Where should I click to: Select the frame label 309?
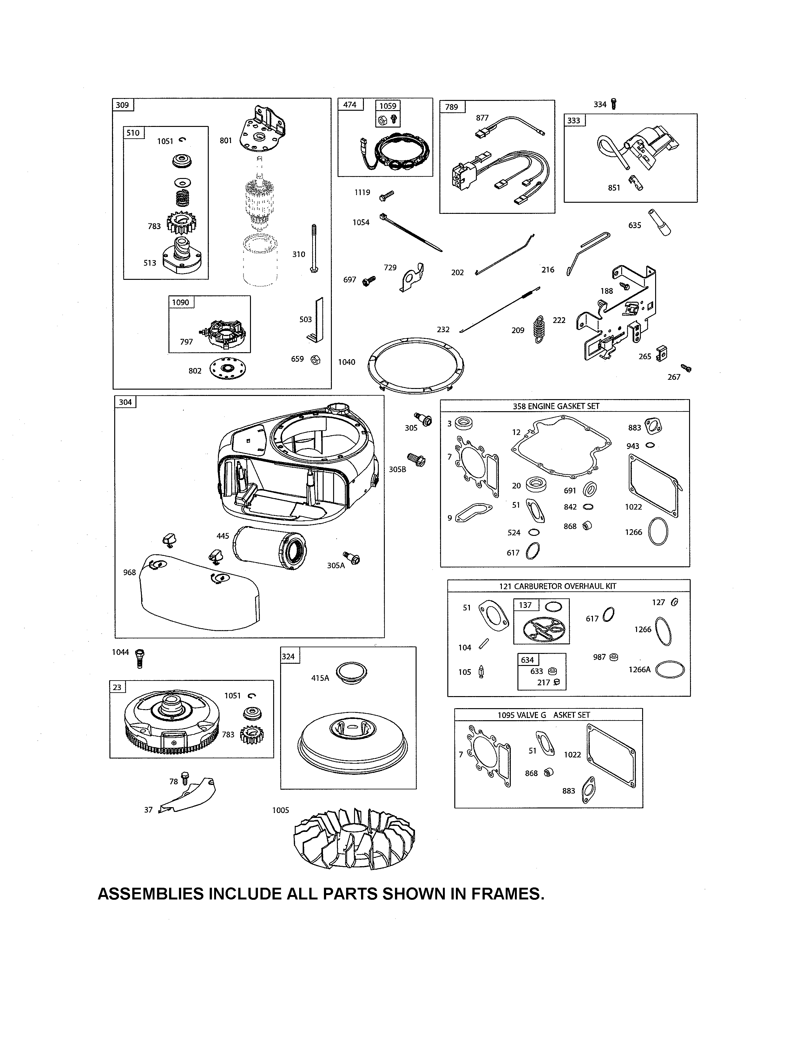point(123,105)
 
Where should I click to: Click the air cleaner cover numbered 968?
point(199,595)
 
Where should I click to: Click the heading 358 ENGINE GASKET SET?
point(556,406)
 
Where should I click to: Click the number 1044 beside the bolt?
point(120,652)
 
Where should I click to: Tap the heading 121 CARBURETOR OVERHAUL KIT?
point(557,586)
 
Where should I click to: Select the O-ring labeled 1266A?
point(669,670)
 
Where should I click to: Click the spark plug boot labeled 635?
point(660,222)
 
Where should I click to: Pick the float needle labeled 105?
point(481,672)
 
